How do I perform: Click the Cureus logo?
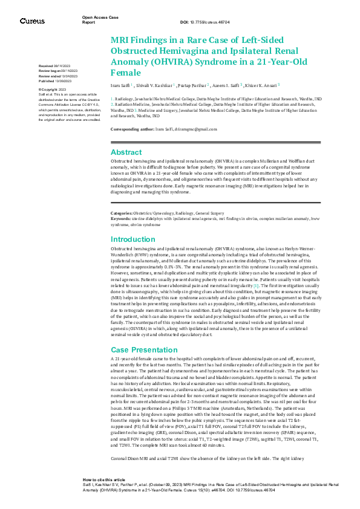click(x=32, y=21)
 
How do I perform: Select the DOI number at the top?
click(x=206, y=22)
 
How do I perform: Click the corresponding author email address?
click(x=194, y=129)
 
